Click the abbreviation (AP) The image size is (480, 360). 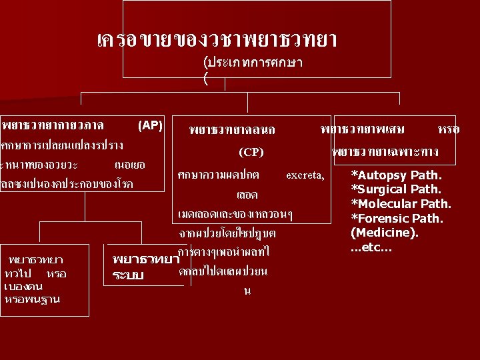150,125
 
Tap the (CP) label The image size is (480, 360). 251,152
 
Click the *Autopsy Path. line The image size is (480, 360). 405,175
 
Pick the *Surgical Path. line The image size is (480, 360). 406,189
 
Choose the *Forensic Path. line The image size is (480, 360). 406,219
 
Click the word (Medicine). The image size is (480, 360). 385,233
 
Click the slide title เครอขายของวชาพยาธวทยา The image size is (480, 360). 216,41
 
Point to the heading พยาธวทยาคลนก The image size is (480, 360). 231,129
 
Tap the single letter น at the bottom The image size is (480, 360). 248,291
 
